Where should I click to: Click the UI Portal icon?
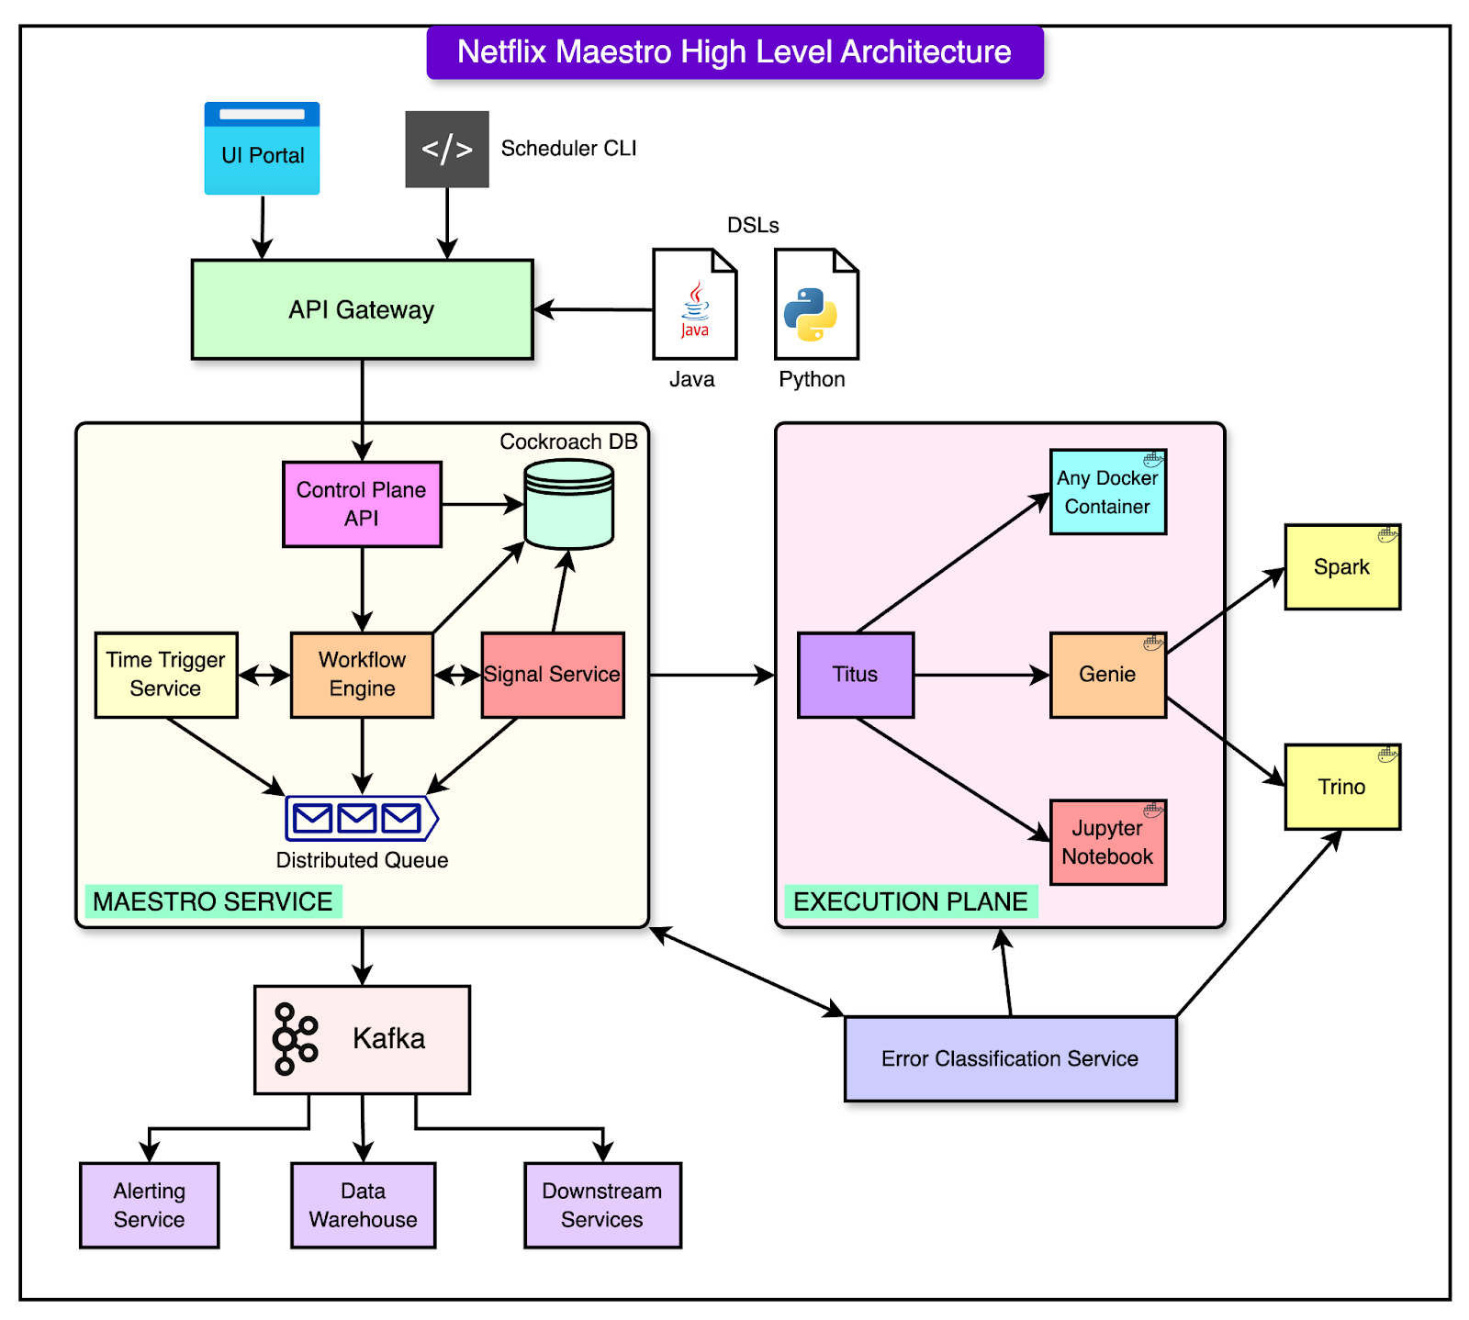click(262, 149)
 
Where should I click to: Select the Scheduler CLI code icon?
click(447, 149)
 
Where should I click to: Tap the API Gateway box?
click(362, 309)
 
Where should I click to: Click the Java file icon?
click(694, 304)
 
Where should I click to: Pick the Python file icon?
click(816, 304)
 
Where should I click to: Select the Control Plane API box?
click(362, 504)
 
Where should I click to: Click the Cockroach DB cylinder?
click(568, 504)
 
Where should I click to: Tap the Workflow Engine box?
click(362, 675)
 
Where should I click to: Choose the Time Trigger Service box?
click(166, 675)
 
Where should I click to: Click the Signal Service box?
click(553, 675)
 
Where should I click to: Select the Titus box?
click(856, 675)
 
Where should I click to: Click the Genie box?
click(1107, 675)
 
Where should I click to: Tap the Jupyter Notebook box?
click(1107, 842)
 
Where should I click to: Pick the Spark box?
click(1341, 567)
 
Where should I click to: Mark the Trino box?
click(1341, 787)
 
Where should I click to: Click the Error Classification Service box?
click(1010, 1058)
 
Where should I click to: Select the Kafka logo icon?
click(295, 1039)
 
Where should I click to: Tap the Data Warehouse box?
click(363, 1205)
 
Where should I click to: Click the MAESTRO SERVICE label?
click(213, 901)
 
